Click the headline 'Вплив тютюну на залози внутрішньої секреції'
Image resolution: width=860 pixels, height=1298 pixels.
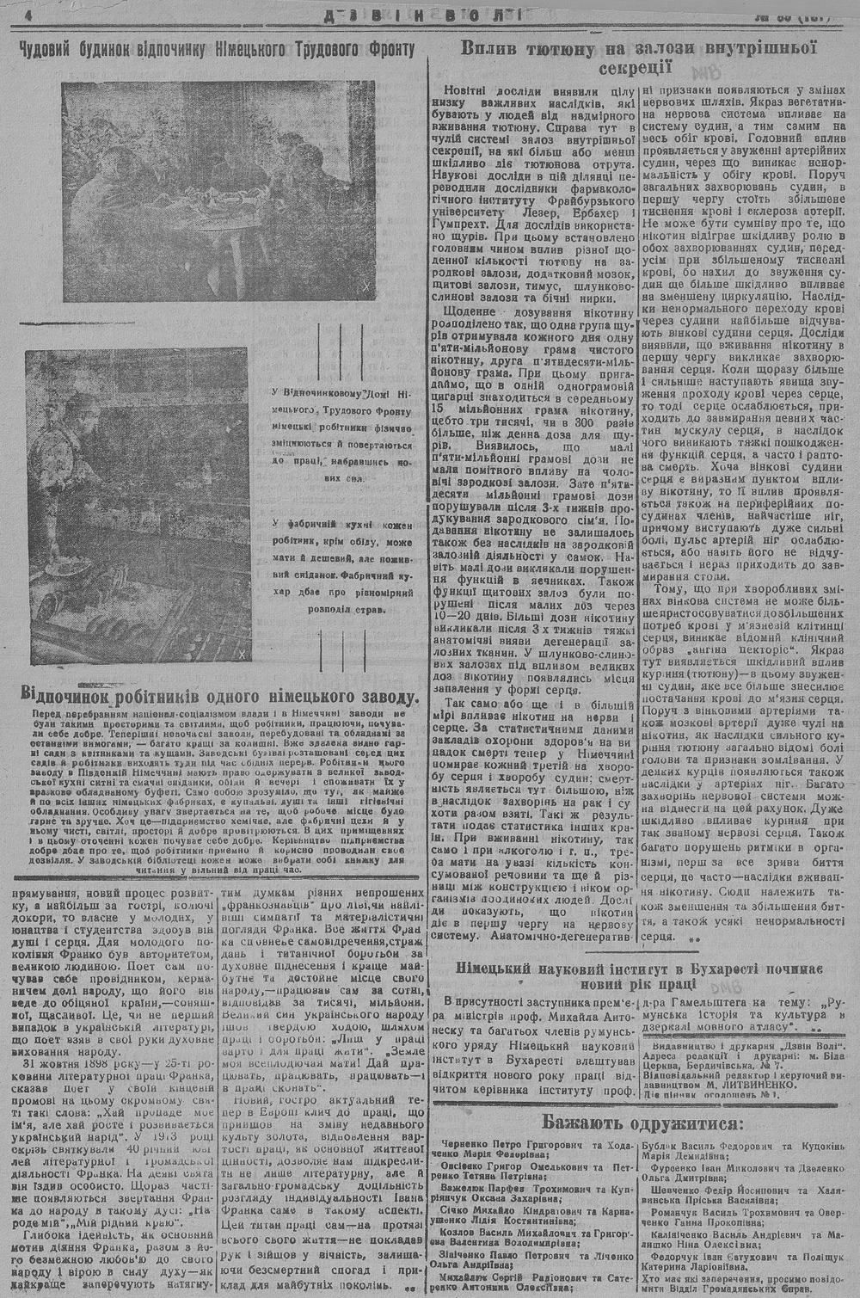[x=637, y=58]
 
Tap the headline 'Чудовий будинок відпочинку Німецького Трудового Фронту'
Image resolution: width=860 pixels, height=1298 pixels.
[x=216, y=50]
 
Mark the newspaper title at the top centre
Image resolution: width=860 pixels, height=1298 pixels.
[x=430, y=15]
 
